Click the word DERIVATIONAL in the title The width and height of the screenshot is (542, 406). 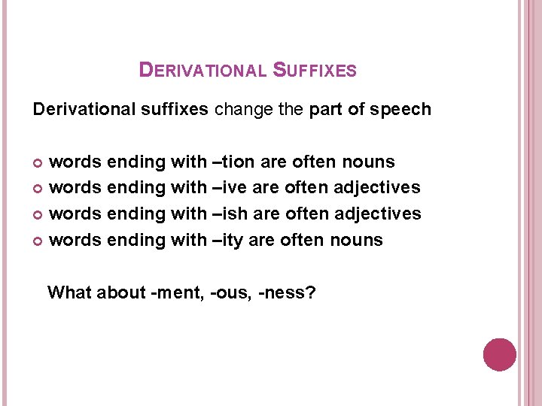pyautogui.click(x=202, y=71)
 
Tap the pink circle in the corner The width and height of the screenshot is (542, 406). pyautogui.click(x=499, y=354)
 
